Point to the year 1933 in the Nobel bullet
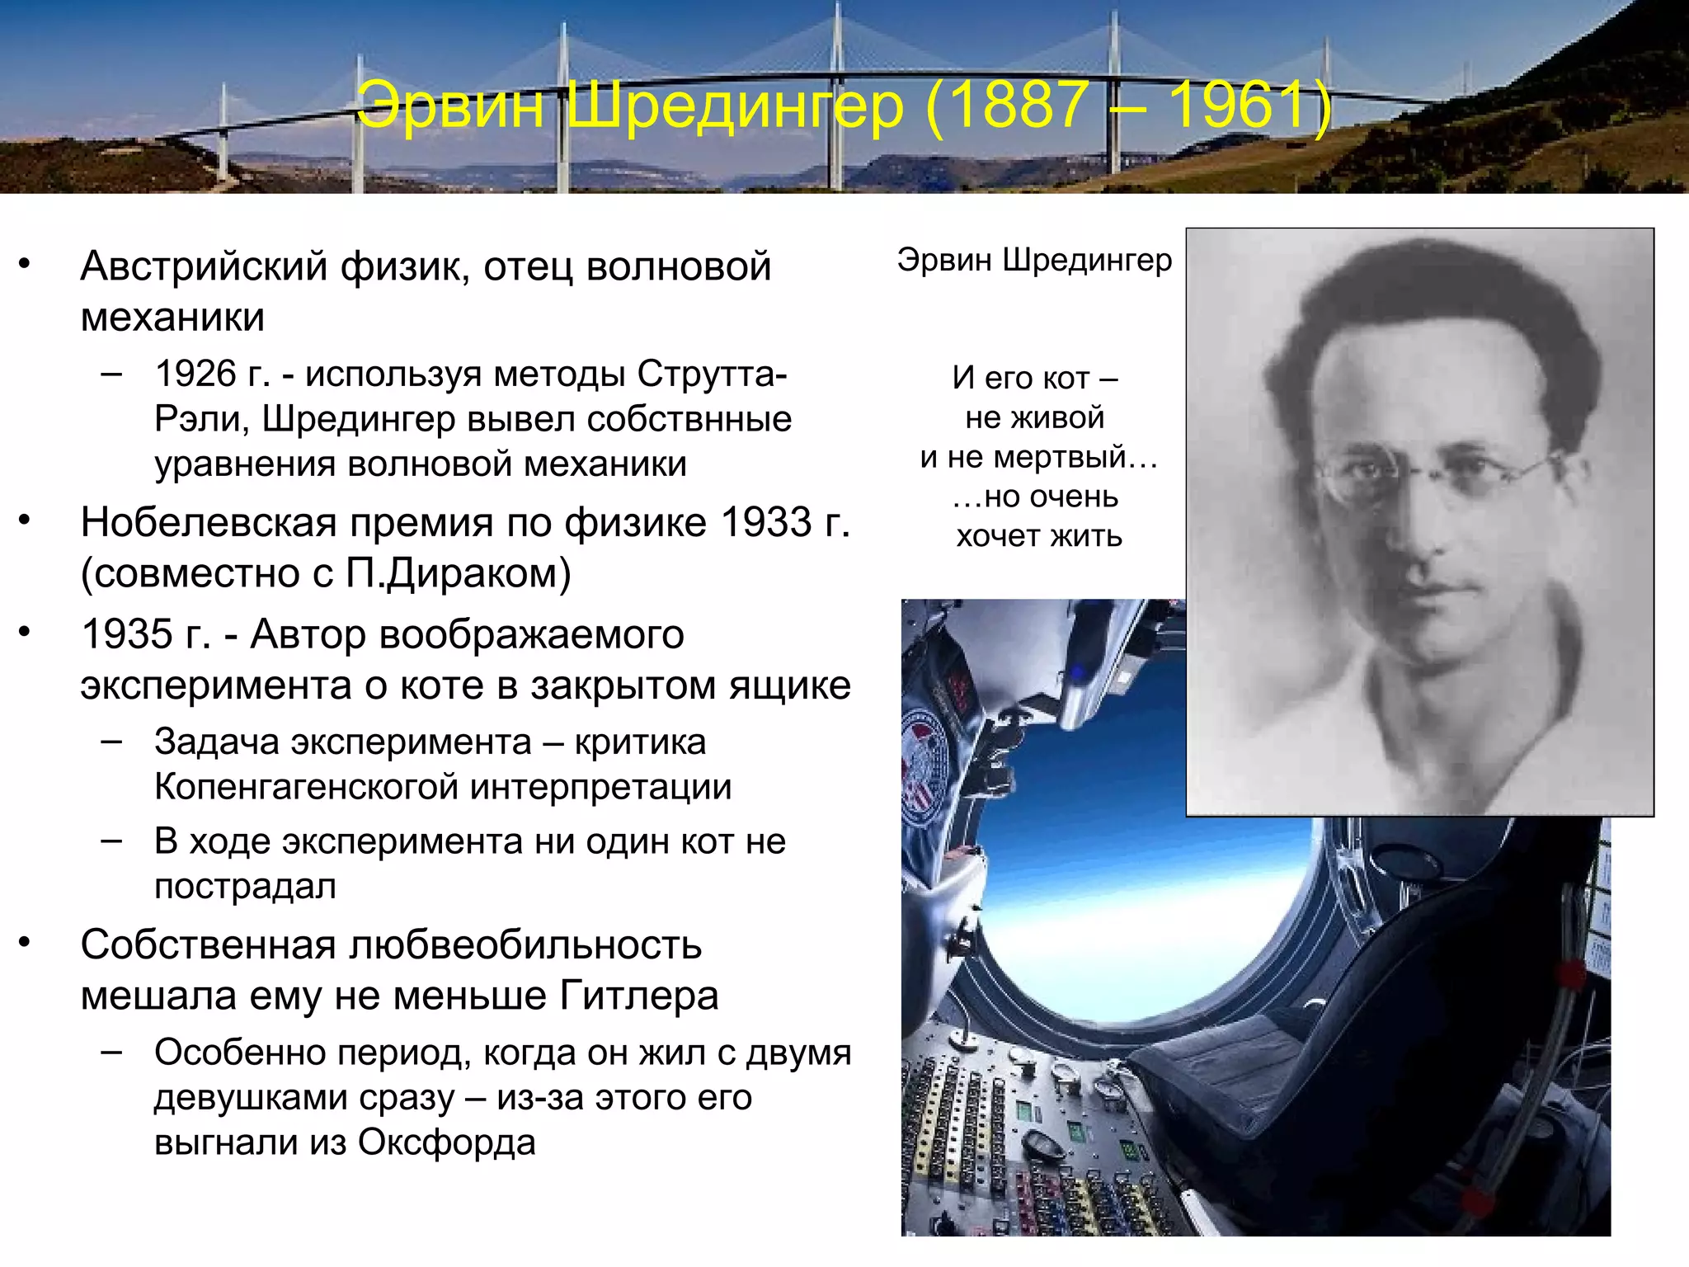click(x=766, y=523)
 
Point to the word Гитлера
click(x=638, y=996)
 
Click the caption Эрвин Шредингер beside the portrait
click(x=1034, y=260)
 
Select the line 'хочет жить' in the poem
click(x=1039, y=537)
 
